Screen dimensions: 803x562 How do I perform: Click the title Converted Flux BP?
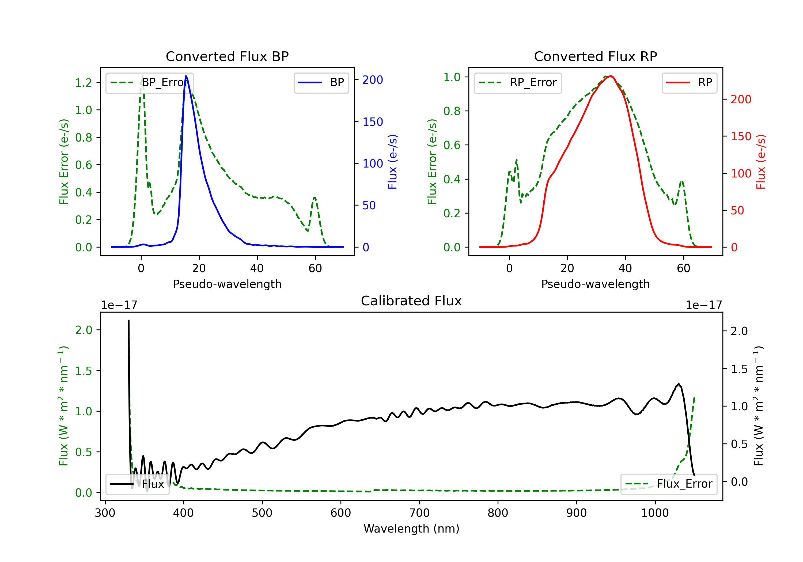[227, 56]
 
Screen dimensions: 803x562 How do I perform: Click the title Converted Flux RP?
[596, 56]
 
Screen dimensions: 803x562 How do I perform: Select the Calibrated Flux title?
[411, 301]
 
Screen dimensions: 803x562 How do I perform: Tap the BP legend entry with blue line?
[321, 82]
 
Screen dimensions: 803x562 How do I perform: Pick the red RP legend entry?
[689, 82]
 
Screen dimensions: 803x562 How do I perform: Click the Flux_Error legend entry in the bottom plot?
[668, 484]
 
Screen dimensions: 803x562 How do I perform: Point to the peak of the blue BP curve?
[186, 76]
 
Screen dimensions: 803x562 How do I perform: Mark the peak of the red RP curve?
[610, 76]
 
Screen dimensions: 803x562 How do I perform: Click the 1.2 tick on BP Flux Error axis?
[84, 82]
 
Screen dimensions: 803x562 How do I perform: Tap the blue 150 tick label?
[373, 122]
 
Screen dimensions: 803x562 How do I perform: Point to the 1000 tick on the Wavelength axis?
[655, 513]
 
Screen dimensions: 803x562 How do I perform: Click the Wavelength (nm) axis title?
[411, 529]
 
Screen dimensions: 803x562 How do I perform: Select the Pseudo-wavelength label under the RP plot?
[596, 284]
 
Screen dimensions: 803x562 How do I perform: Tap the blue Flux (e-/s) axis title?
[392, 162]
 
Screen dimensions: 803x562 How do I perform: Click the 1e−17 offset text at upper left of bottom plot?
[119, 305]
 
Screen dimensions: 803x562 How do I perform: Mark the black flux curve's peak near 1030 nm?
[679, 384]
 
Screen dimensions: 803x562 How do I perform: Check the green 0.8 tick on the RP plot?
[452, 111]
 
